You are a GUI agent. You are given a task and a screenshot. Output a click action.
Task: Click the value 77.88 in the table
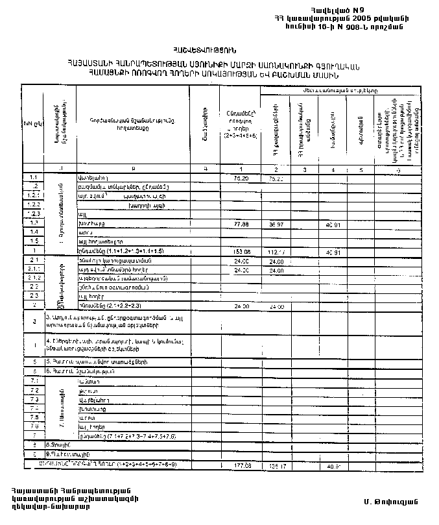tap(241, 223)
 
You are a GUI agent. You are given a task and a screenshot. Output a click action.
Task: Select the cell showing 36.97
tap(276, 223)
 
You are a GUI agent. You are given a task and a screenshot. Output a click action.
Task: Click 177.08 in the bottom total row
tap(241, 465)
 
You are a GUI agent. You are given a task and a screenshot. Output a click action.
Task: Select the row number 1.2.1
tap(33, 195)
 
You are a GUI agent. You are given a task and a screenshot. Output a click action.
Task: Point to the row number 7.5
tap(33, 417)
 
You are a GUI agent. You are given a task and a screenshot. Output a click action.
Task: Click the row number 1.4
tap(33, 232)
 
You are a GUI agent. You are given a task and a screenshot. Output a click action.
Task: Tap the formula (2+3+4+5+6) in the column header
tap(241, 136)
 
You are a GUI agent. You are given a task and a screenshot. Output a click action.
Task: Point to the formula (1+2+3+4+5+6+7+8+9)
tap(143, 465)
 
